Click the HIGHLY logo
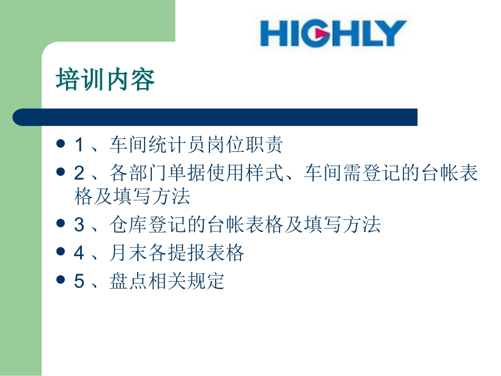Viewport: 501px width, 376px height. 333,33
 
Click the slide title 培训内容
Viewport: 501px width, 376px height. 105,81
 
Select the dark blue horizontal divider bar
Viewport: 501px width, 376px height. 215,117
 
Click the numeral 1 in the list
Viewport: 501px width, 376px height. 79,144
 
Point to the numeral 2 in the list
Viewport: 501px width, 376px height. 79,172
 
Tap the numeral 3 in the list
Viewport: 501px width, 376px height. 79,225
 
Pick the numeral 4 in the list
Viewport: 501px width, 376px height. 79,253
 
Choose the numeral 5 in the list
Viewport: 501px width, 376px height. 79,281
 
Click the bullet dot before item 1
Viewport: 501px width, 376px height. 61,144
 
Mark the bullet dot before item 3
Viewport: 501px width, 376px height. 61,224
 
